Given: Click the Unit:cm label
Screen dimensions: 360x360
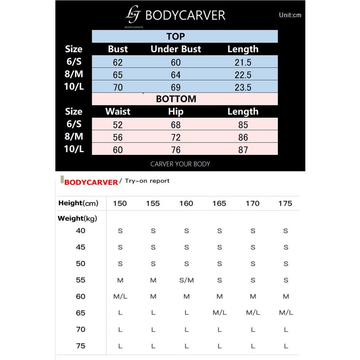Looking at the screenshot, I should pos(290,15).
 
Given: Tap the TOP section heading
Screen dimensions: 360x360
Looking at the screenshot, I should pos(176,36).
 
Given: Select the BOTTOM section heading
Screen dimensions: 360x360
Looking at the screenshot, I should pos(176,99).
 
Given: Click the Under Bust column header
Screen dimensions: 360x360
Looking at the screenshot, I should pos(176,49).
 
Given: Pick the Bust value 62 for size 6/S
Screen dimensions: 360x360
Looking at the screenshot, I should pos(118,62).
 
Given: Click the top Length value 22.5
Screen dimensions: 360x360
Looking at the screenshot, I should pos(243,75).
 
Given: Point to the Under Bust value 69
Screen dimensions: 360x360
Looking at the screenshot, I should pos(176,87).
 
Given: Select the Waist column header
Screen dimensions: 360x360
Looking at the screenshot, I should pos(118,112).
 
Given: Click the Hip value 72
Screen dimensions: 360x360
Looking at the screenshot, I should pos(176,138).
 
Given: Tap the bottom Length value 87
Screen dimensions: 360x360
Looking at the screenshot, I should pos(243,150).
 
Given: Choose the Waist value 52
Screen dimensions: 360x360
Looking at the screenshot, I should pos(118,125).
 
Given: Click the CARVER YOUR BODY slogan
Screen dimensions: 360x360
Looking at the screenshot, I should pos(180,164).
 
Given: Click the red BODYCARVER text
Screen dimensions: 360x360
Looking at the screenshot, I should pos(91,182).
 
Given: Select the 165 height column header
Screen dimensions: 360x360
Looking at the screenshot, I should pos(219,204).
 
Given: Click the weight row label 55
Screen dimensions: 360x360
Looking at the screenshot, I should pos(81,280).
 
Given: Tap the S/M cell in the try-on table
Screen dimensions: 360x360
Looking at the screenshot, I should pos(186,280).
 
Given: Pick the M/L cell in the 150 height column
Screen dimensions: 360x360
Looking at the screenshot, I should pos(120,297).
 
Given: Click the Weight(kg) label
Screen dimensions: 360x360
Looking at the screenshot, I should pos(77,218).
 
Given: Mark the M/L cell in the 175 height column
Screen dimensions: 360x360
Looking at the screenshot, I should pos(286,313).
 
